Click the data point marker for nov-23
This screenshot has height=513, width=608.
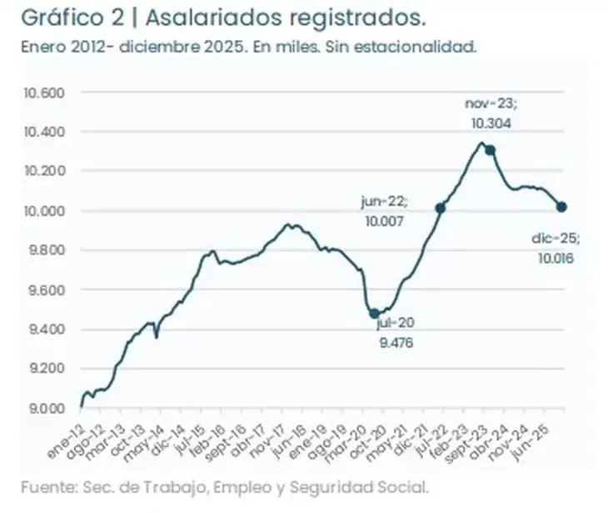click(x=491, y=150)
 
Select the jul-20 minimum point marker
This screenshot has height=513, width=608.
click(x=374, y=314)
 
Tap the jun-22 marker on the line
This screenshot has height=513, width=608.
click(x=440, y=208)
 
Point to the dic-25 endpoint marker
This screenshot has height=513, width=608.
click(x=561, y=207)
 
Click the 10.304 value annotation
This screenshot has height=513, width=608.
click(x=491, y=122)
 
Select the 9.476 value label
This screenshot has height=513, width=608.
click(x=396, y=342)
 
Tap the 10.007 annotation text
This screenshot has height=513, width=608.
click(x=382, y=222)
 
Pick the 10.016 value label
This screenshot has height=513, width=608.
click(x=556, y=258)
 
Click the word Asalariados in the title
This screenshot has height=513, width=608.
click(x=209, y=18)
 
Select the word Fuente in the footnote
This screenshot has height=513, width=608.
click(x=42, y=485)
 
